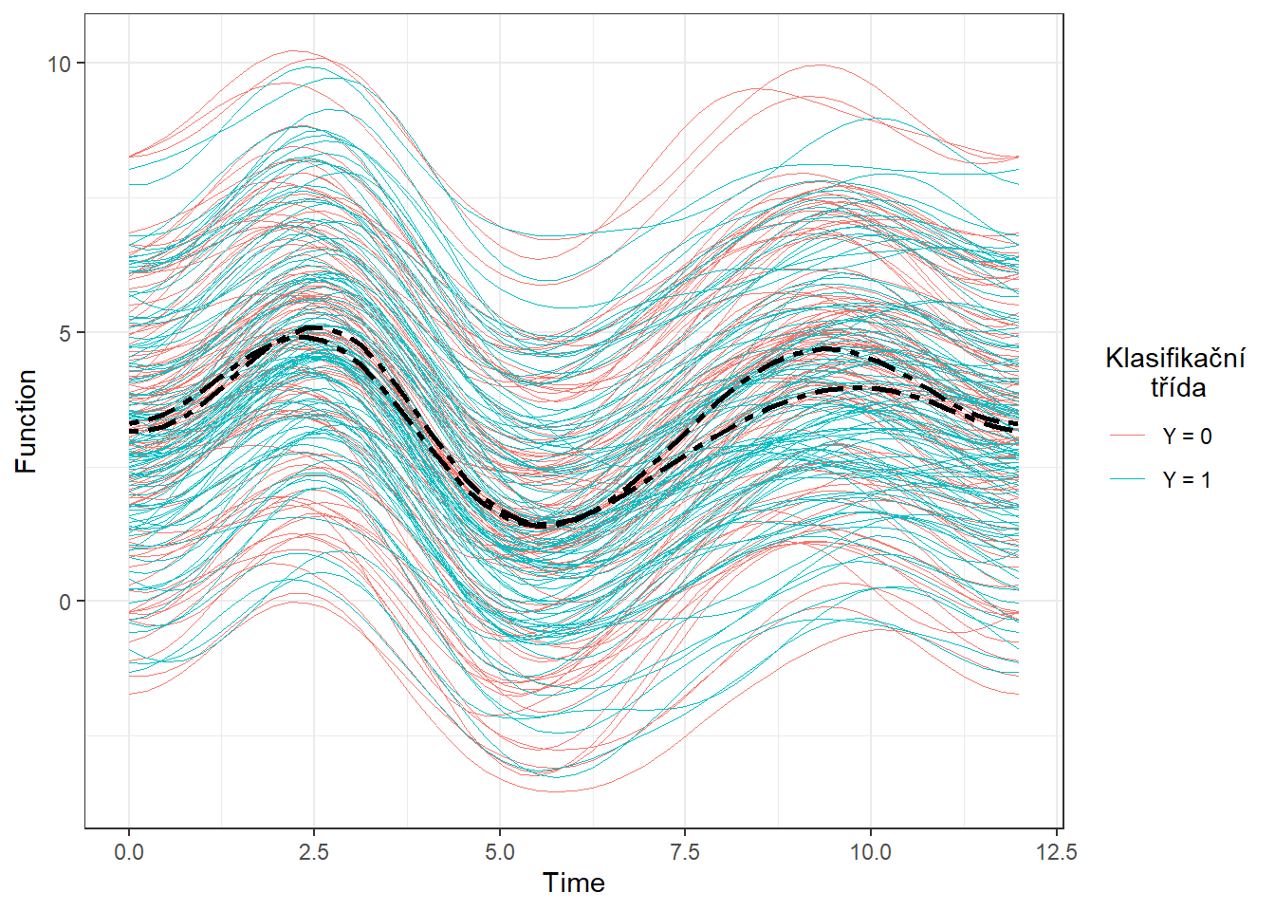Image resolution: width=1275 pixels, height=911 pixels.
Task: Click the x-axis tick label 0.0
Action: pyautogui.click(x=129, y=852)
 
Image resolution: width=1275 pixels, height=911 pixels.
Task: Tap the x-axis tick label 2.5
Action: pyautogui.click(x=314, y=852)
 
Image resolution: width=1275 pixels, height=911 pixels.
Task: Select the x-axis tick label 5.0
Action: pyautogui.click(x=500, y=852)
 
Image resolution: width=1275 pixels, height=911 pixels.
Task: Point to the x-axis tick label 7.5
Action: pyautogui.click(x=685, y=852)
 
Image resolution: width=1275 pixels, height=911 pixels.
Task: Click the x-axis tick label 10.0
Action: pyautogui.click(x=870, y=852)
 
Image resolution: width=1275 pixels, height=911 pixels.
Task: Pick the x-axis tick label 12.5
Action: pyautogui.click(x=1056, y=852)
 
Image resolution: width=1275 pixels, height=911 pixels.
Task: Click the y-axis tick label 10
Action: pyautogui.click(x=60, y=64)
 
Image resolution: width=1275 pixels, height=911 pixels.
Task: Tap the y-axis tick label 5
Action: pyautogui.click(x=65, y=333)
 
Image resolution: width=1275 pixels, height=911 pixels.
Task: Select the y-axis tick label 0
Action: pyautogui.click(x=65, y=602)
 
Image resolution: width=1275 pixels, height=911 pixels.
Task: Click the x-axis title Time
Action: pyautogui.click(x=573, y=883)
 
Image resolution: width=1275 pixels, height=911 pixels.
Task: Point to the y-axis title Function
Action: pyautogui.click(x=27, y=421)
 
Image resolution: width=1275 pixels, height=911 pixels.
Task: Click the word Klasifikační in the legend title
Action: pyautogui.click(x=1175, y=359)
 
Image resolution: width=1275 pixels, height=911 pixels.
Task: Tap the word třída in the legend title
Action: pyautogui.click(x=1178, y=387)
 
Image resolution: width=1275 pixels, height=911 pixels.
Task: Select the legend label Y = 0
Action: pyautogui.click(x=1187, y=437)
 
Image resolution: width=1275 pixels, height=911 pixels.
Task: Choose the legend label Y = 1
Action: pyautogui.click(x=1187, y=480)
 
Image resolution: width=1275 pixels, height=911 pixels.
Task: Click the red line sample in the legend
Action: pyautogui.click(x=1128, y=437)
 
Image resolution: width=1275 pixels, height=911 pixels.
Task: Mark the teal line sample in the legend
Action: pyautogui.click(x=1128, y=480)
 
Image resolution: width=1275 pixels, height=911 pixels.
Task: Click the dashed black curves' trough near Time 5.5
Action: pyautogui.click(x=540, y=525)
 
